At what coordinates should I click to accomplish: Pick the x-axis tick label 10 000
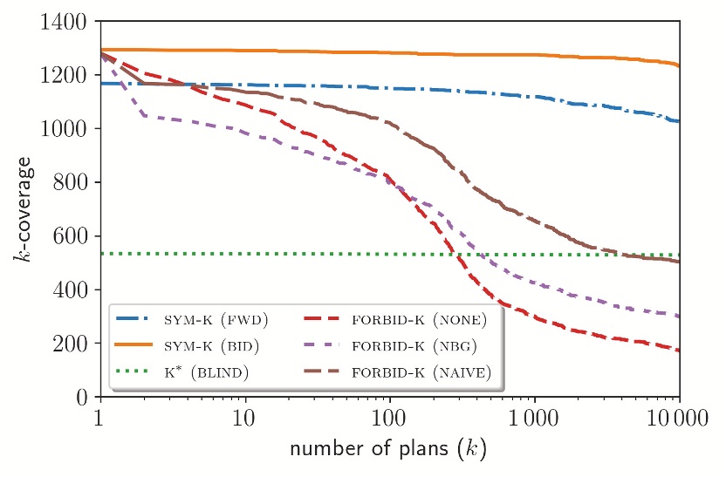coord(678,419)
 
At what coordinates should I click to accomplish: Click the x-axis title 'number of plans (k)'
coord(388,451)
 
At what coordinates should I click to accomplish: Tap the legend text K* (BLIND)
coord(208,372)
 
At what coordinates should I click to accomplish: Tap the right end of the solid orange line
coord(679,65)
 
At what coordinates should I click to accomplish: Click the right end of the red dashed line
coord(679,351)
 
